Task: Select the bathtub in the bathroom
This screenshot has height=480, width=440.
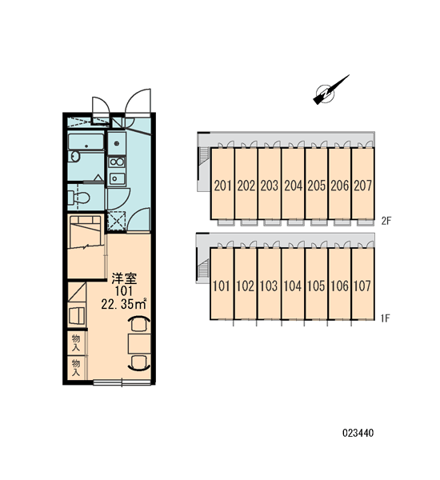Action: tap(86, 142)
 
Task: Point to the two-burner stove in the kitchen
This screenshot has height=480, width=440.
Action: tap(117, 162)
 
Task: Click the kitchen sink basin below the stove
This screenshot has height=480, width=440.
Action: tap(117, 178)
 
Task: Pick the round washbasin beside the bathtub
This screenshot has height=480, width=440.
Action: tap(74, 157)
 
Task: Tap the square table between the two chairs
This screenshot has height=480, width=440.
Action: tap(139, 343)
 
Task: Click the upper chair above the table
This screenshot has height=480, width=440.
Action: tap(139, 323)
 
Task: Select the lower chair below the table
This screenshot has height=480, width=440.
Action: tap(139, 363)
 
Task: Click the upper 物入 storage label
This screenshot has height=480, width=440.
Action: tap(76, 343)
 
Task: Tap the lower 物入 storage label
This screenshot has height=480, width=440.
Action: tap(76, 368)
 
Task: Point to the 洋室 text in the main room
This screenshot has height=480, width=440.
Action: tap(124, 278)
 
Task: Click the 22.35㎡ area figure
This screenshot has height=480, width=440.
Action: tap(124, 304)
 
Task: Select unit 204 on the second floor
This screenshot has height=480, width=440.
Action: tap(293, 186)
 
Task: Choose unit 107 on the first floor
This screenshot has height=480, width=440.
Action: tap(362, 286)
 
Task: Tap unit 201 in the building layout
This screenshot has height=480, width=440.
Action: tap(223, 186)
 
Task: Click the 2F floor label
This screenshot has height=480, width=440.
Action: tap(386, 221)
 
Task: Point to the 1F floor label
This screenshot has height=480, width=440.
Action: tap(385, 318)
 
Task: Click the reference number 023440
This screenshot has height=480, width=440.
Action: tap(358, 433)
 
